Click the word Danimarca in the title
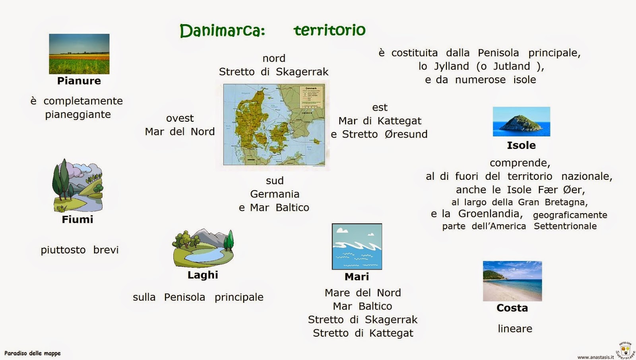[x=222, y=31]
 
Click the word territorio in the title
[x=329, y=30]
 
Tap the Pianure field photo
[x=79, y=54]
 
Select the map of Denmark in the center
[x=274, y=125]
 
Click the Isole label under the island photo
[x=521, y=145]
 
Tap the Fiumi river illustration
[x=78, y=186]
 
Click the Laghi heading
[x=203, y=275]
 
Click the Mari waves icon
[x=357, y=247]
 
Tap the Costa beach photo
[x=512, y=281]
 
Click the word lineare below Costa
[x=515, y=329]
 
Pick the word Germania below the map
[x=275, y=194]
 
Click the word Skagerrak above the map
[x=302, y=72]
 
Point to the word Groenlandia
[x=489, y=214]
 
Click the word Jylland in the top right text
[x=452, y=66]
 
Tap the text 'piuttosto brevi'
[x=79, y=250]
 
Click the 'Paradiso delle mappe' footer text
[x=33, y=353]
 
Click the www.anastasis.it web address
[x=595, y=357]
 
